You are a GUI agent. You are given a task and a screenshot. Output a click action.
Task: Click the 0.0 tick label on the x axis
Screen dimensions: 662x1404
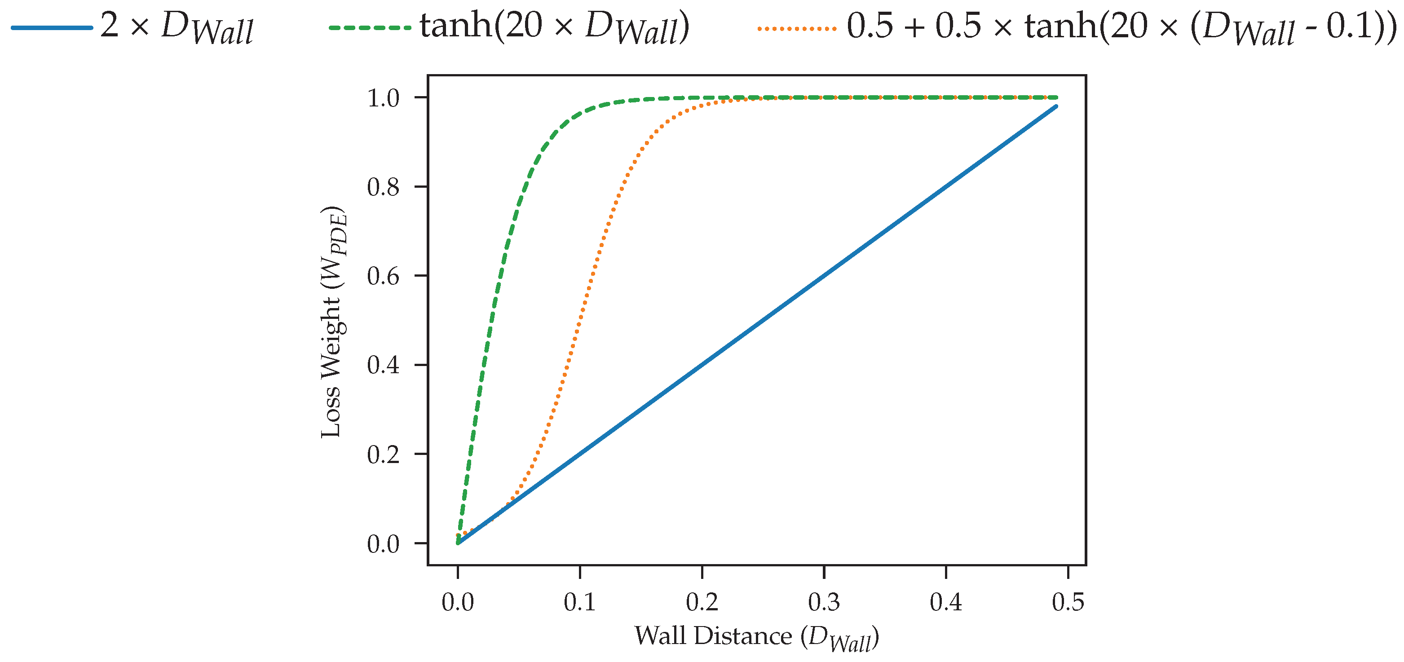click(457, 602)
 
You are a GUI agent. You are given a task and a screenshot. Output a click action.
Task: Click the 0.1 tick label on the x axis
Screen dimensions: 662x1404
click(579, 602)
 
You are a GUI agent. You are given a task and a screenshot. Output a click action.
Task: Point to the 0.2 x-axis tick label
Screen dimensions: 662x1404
click(702, 602)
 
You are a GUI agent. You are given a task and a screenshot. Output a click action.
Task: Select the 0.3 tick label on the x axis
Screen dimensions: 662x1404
click(824, 602)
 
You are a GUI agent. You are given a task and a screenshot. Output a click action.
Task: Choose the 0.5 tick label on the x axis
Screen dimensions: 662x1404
click(1068, 602)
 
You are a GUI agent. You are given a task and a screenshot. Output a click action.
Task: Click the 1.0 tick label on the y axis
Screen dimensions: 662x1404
click(383, 98)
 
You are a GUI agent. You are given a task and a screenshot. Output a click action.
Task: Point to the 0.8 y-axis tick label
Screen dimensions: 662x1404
click(383, 187)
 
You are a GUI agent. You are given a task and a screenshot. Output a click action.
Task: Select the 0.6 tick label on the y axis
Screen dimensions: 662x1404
click(383, 276)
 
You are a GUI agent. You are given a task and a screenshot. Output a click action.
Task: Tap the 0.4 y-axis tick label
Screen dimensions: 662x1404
click(383, 365)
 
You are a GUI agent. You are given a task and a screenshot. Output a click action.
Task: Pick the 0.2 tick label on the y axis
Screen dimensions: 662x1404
click(383, 455)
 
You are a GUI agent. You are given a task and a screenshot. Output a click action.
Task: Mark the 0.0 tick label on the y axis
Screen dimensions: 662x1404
click(383, 544)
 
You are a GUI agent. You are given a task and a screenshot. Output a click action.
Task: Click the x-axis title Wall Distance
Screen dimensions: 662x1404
click(756, 636)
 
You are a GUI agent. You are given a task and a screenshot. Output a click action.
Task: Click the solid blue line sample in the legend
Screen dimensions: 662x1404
click(52, 27)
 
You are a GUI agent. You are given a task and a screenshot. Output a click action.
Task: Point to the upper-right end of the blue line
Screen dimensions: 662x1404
click(1056, 107)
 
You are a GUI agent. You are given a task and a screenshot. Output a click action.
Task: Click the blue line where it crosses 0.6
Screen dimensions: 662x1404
click(824, 276)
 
